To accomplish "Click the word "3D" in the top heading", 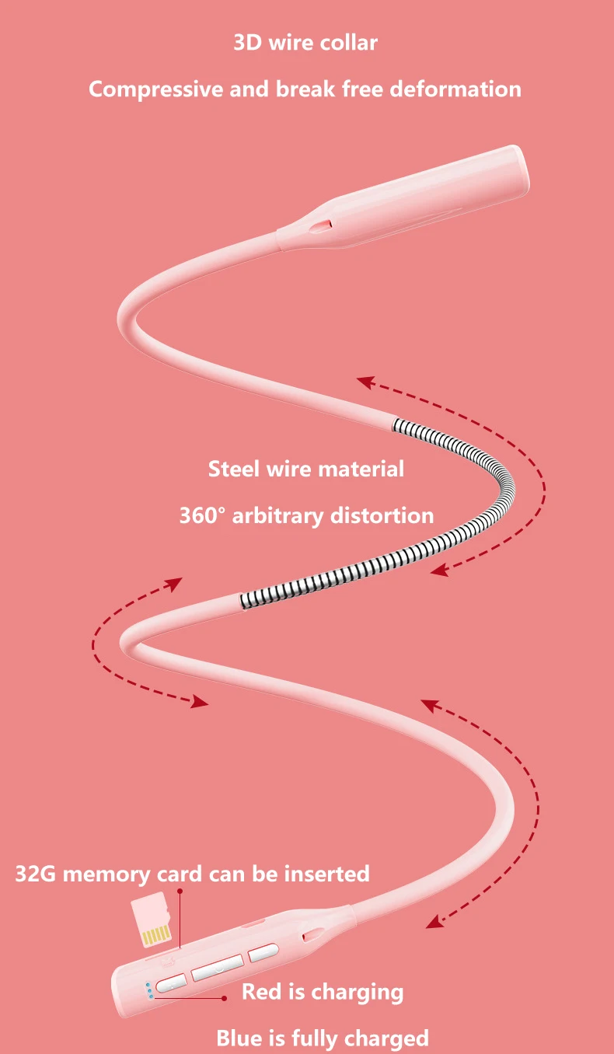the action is click(x=248, y=42).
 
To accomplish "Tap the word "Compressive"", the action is click(x=155, y=89).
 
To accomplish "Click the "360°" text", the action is click(x=201, y=515).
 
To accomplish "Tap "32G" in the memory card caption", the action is click(x=36, y=874).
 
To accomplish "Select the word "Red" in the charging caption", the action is click(x=260, y=992).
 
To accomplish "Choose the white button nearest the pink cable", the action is click(x=263, y=951).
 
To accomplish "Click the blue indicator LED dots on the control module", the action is click(x=147, y=990).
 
